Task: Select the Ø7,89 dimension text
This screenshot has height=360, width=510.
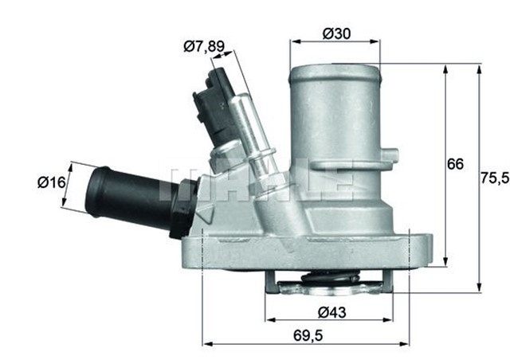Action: (203, 46)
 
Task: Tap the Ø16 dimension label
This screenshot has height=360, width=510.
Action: (41, 182)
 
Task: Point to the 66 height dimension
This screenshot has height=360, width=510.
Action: (455, 165)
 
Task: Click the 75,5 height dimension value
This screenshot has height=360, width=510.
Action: (494, 178)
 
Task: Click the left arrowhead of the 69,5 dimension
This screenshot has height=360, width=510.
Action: (208, 344)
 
